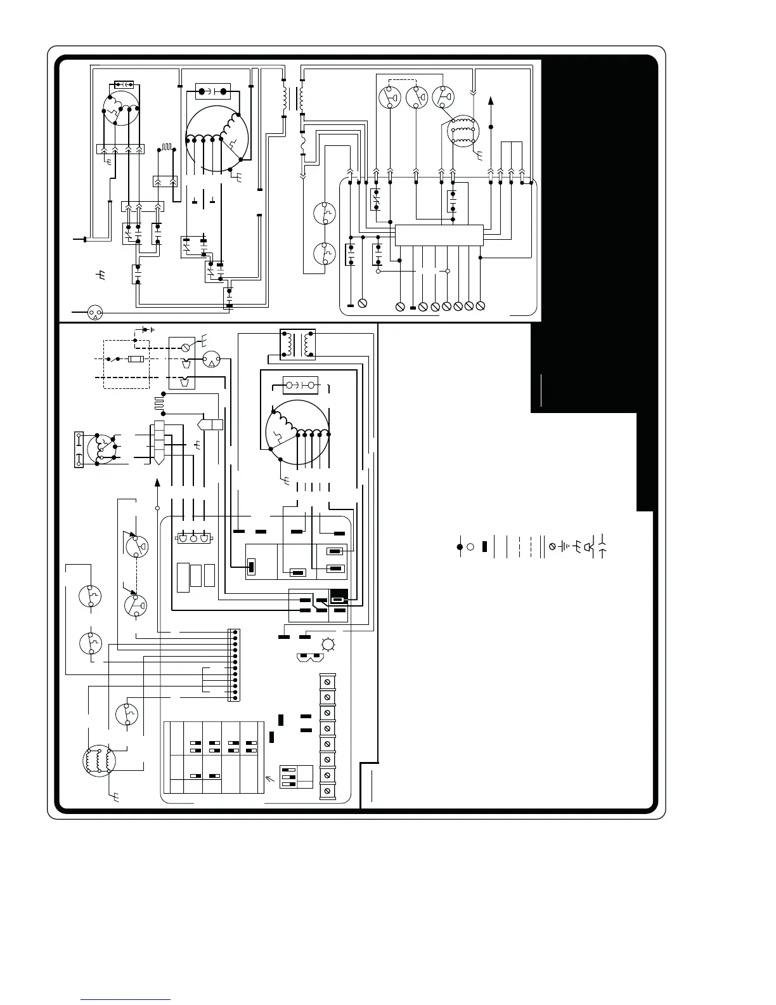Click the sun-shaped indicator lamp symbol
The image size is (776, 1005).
coord(328,645)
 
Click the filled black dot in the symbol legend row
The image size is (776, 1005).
coord(460,546)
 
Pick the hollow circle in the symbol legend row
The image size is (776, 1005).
coord(470,546)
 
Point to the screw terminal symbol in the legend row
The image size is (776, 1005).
coord(552,546)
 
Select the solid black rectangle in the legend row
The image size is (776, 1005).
coord(484,546)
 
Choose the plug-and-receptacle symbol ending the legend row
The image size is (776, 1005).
coord(602,546)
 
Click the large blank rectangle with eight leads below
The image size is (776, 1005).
coord(439,235)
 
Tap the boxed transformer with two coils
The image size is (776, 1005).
coord(297,345)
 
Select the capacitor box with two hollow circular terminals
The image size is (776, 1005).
coord(301,385)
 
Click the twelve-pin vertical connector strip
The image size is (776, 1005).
coord(235,665)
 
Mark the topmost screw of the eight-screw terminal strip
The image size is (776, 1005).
coord(327,681)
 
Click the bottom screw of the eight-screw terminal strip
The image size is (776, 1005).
coord(327,791)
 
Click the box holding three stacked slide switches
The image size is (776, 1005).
coord(296,776)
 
